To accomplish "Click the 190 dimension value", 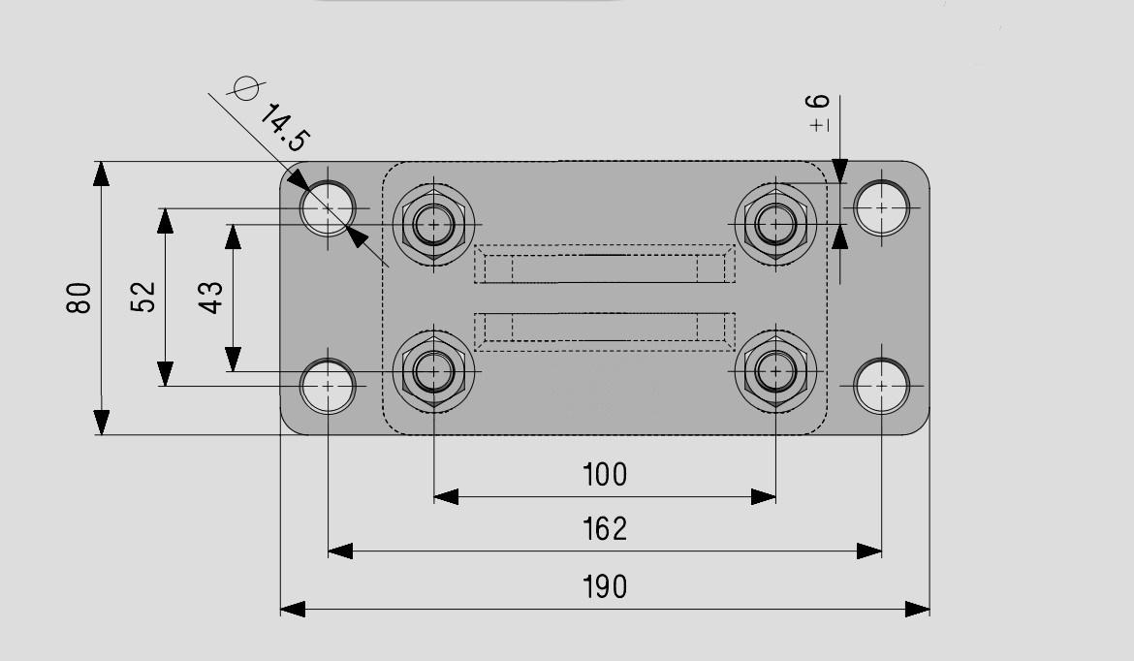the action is click(605, 586).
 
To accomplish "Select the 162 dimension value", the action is click(605, 528).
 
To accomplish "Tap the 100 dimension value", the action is click(605, 474).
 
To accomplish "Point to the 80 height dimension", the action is click(79, 298).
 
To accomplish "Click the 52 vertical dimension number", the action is click(143, 297).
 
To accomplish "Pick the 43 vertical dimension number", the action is click(210, 298).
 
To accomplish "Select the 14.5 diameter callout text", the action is click(284, 128).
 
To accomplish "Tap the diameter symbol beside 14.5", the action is click(245, 88).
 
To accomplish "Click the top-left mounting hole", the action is click(328, 207).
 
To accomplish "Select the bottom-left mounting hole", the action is click(328, 386).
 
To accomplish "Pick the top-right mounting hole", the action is click(881, 207).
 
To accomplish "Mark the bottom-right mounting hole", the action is click(881, 386).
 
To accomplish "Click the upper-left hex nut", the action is click(433, 224).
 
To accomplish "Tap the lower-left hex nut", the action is click(433, 372).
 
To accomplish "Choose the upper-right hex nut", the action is click(776, 224).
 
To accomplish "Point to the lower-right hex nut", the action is click(776, 372).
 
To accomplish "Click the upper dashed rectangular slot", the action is click(605, 265).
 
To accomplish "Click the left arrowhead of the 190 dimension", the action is click(293, 609).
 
